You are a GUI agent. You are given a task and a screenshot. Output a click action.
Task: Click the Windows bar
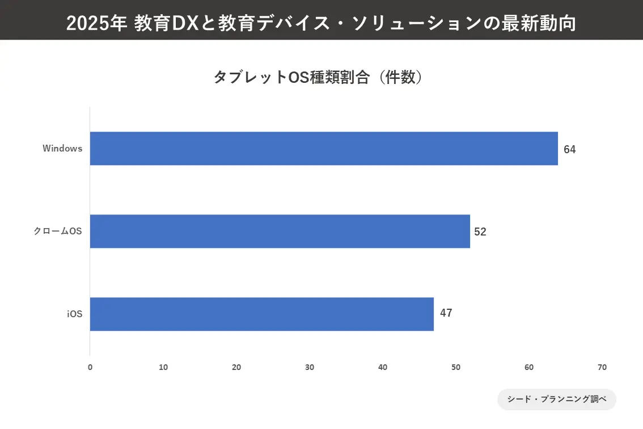point(324,149)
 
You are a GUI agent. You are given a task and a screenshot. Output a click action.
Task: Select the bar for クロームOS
point(280,232)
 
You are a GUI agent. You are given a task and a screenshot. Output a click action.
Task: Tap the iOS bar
point(262,314)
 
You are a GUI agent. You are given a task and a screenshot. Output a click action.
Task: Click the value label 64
point(569,150)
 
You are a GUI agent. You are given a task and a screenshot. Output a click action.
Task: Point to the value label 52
point(480,232)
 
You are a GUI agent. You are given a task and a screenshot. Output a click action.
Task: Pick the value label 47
point(446,313)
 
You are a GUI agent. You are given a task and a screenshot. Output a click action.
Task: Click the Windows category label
point(62,149)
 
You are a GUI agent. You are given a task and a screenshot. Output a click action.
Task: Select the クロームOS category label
point(58,232)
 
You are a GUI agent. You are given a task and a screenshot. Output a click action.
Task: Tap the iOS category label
point(74,314)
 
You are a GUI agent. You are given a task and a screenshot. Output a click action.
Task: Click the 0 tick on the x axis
point(90,367)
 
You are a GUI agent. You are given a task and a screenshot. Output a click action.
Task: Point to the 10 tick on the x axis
point(163,367)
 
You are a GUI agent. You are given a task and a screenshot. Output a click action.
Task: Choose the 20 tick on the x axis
point(236,367)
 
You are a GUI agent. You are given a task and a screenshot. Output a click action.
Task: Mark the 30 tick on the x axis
point(310,367)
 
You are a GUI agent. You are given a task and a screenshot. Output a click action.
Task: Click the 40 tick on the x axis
point(383,367)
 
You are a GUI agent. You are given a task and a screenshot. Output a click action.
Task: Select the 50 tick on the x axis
point(456,367)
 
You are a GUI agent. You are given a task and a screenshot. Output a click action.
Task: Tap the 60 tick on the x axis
point(529,367)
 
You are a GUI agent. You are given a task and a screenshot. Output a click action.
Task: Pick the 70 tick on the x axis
point(602,367)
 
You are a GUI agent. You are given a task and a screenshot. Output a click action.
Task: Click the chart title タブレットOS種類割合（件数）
point(318,78)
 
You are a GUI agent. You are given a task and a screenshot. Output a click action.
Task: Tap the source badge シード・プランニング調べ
point(556,399)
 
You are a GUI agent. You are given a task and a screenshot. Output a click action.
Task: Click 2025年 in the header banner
point(96,23)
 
